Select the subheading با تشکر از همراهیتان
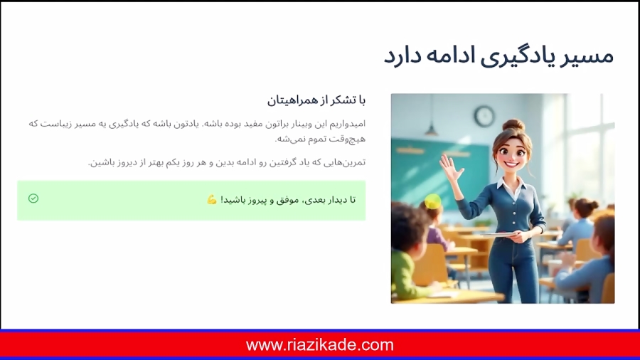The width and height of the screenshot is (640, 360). click(x=316, y=99)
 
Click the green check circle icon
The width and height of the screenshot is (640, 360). click(x=33, y=198)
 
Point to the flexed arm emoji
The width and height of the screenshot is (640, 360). click(x=212, y=200)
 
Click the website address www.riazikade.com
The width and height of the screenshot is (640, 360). click(x=320, y=345)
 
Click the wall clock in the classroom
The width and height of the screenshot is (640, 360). click(x=484, y=115)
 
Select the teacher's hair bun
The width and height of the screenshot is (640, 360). click(x=514, y=125)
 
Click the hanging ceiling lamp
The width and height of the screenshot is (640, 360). click(x=432, y=128)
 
